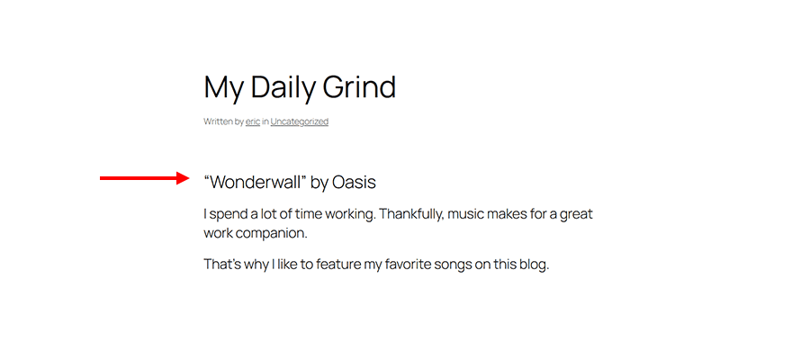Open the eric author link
253,121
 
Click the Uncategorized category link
300,121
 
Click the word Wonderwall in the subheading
256,182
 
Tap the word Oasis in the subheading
354,182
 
